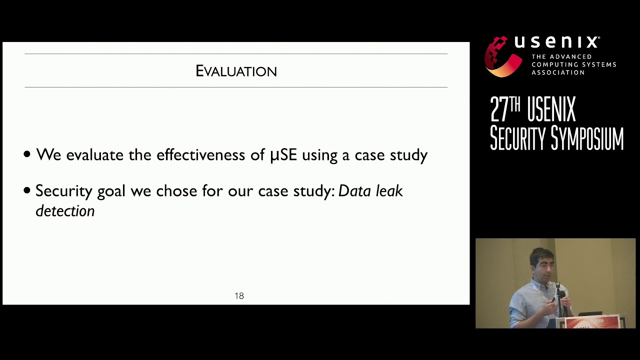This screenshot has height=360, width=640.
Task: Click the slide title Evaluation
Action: [236, 71]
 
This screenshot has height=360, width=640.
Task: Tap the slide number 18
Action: [239, 296]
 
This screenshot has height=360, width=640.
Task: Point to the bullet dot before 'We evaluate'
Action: [27, 155]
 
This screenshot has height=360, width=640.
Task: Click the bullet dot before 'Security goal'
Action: [27, 191]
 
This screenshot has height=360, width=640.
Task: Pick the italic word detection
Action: [65, 211]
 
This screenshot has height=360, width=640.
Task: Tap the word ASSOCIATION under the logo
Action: [557, 72]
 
